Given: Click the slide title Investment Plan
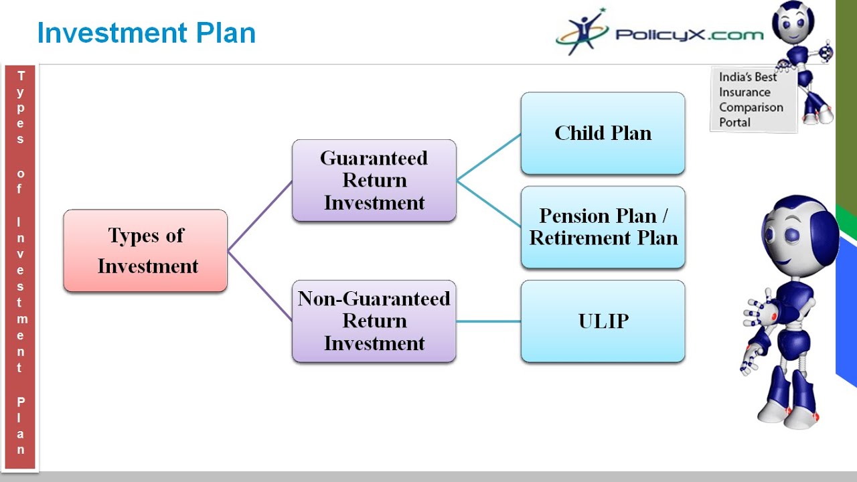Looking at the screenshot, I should (x=146, y=33).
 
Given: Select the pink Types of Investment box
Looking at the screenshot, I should (x=145, y=250).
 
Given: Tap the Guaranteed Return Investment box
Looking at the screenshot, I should (x=374, y=180).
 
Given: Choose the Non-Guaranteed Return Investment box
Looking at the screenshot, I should (x=374, y=321).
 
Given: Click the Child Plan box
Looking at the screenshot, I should (x=603, y=133).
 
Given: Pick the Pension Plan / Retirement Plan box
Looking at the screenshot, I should (x=603, y=227).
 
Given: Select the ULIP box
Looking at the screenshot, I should (x=603, y=321).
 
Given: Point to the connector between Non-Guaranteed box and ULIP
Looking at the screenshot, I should (x=489, y=321).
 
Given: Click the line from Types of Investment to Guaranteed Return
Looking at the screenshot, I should (x=260, y=216).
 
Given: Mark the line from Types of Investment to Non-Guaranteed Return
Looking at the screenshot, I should (x=260, y=286).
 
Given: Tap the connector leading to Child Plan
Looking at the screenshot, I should (x=489, y=157).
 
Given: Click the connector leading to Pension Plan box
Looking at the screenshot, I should (x=489, y=204).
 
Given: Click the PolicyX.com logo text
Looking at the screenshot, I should (x=689, y=34).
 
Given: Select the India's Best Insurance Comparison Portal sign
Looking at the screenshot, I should (x=753, y=100).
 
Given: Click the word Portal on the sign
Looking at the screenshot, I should (x=735, y=123).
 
